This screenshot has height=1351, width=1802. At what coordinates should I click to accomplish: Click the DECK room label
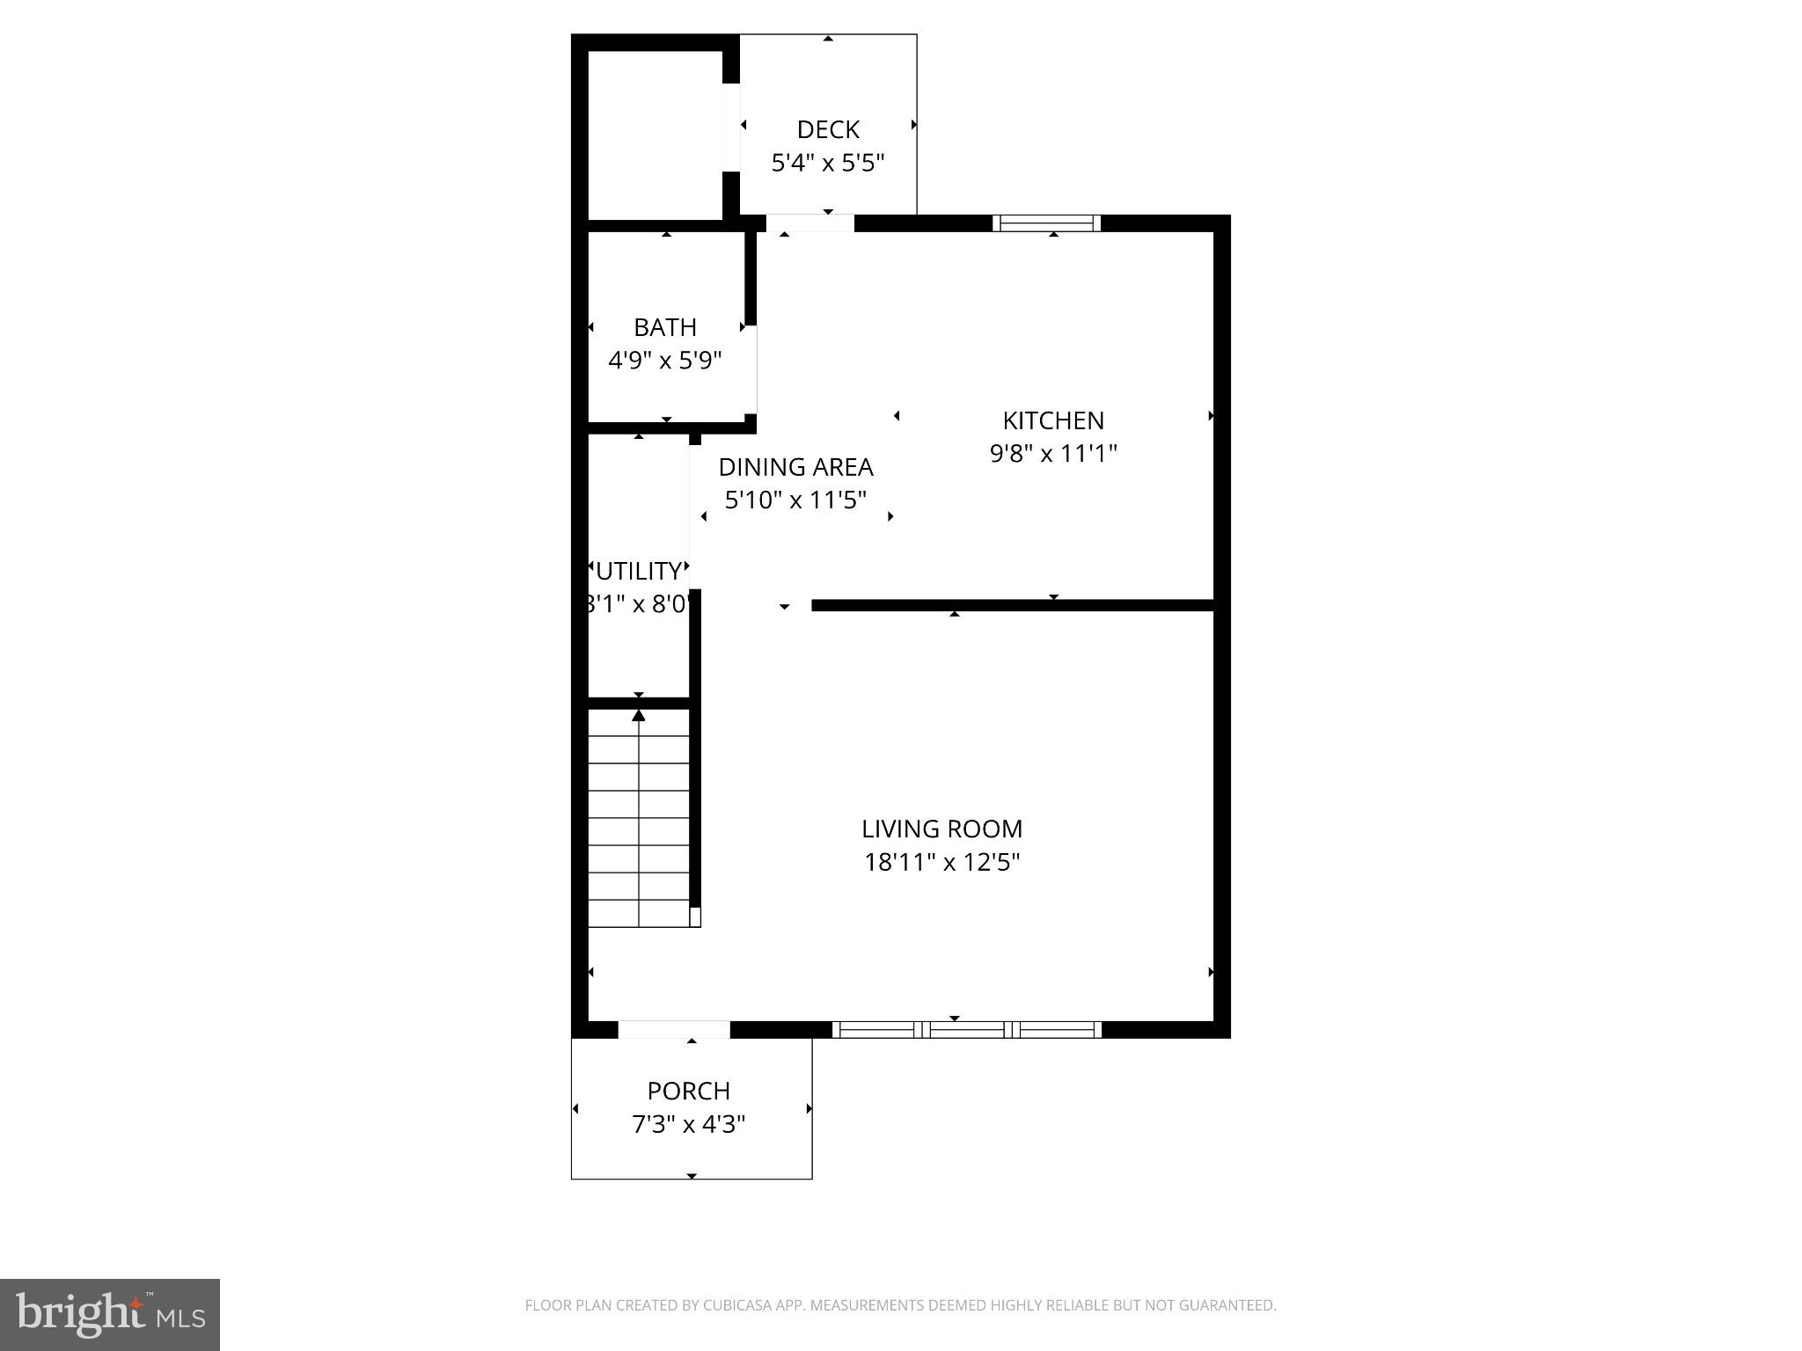click(827, 130)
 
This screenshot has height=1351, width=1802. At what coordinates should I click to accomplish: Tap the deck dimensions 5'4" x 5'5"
click(827, 164)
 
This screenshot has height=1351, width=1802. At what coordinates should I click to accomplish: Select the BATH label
click(665, 327)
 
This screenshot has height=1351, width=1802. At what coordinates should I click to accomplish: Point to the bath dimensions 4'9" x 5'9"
click(665, 361)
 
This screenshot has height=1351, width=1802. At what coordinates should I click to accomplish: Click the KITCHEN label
click(1053, 420)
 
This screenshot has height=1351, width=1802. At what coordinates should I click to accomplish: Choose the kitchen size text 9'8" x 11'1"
click(1053, 454)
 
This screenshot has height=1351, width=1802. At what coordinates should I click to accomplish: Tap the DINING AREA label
click(795, 467)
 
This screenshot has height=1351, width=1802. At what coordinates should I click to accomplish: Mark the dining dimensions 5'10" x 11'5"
click(795, 500)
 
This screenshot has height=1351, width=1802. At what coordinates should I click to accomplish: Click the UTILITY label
click(639, 572)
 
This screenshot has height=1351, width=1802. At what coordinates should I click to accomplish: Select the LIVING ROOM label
click(941, 829)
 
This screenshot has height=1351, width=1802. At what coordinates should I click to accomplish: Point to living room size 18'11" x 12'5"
click(941, 863)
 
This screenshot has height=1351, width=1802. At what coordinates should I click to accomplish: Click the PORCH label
click(689, 1092)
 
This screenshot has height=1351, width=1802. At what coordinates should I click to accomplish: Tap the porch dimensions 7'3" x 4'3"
click(689, 1125)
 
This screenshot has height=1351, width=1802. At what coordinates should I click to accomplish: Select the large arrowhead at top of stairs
click(639, 716)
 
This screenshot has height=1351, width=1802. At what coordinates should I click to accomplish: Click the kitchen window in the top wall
click(1046, 223)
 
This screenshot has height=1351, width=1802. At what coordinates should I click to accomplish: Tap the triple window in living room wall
click(966, 1030)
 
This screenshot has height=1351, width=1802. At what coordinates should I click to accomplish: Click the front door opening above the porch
click(674, 1030)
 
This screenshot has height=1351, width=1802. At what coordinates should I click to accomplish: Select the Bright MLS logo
click(110, 1314)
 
